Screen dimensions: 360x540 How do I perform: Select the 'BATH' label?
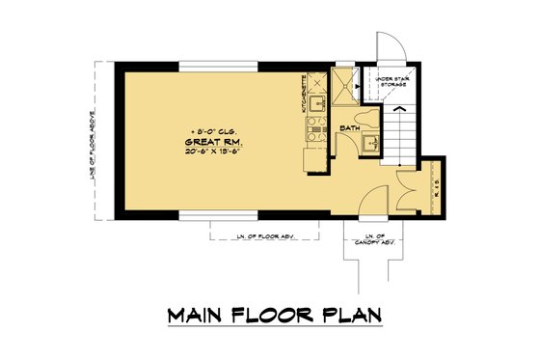(350, 126)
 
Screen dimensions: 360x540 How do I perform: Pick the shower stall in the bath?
(343, 85)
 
